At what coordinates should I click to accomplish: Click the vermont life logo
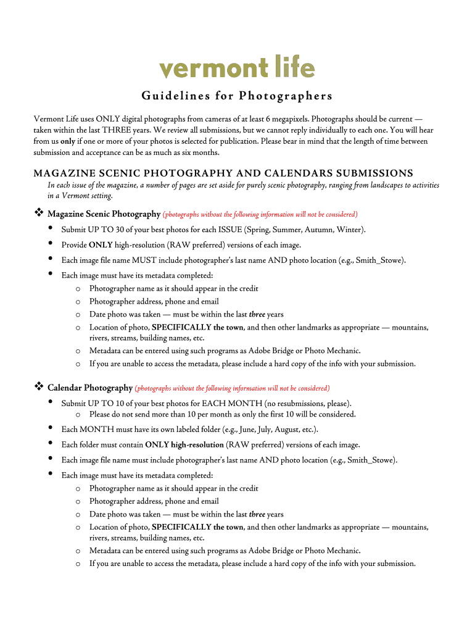click(237, 68)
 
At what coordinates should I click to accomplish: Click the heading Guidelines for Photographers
click(237, 96)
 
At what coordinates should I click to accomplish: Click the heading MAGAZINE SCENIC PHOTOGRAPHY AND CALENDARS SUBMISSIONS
click(223, 173)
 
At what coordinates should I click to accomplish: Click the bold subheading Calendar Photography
click(90, 388)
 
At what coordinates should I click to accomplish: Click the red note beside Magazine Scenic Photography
click(260, 214)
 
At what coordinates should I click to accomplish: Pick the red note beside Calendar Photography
click(233, 388)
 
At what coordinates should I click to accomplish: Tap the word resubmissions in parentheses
click(303, 403)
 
